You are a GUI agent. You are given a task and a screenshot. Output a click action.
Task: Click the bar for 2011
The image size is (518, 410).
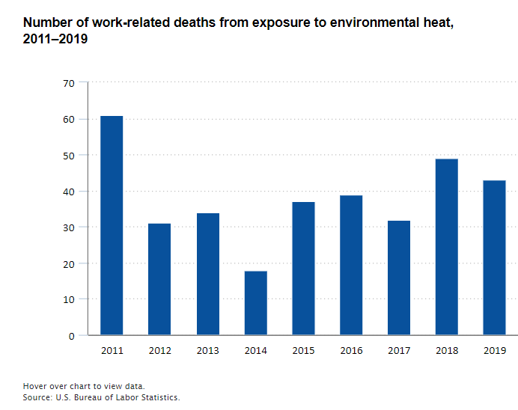tap(112, 225)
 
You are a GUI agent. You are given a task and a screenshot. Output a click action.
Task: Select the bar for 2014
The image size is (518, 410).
tap(255, 303)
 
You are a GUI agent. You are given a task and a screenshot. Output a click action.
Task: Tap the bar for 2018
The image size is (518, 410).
tap(447, 247)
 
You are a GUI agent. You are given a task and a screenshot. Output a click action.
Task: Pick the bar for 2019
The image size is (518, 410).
tap(494, 257)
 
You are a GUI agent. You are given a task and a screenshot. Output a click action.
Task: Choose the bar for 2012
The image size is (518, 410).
tap(159, 279)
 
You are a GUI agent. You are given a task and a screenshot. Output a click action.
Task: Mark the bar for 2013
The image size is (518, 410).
tap(207, 274)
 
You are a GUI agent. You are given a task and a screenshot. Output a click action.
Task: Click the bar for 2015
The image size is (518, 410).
tap(303, 269)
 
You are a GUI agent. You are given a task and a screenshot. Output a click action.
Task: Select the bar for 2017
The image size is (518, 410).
tap(399, 278)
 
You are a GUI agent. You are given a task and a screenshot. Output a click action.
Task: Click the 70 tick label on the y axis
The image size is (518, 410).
tap(69, 83)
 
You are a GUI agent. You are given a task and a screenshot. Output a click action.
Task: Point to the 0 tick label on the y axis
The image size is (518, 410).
tap(72, 336)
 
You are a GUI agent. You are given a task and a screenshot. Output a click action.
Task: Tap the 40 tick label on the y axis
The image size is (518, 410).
tap(69, 192)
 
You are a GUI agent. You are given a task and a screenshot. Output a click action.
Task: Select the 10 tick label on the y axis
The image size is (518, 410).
tap(69, 299)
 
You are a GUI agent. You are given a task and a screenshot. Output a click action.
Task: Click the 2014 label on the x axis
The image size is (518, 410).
tap(255, 350)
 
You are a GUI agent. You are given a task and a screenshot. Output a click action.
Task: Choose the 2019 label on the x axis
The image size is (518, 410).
tap(494, 350)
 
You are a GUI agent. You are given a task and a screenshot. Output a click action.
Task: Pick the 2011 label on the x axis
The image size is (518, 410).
tap(112, 350)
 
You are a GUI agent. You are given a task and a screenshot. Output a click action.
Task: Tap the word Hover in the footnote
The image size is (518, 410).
tap(34, 386)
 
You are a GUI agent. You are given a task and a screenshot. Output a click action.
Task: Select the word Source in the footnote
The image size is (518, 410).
tap(37, 397)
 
